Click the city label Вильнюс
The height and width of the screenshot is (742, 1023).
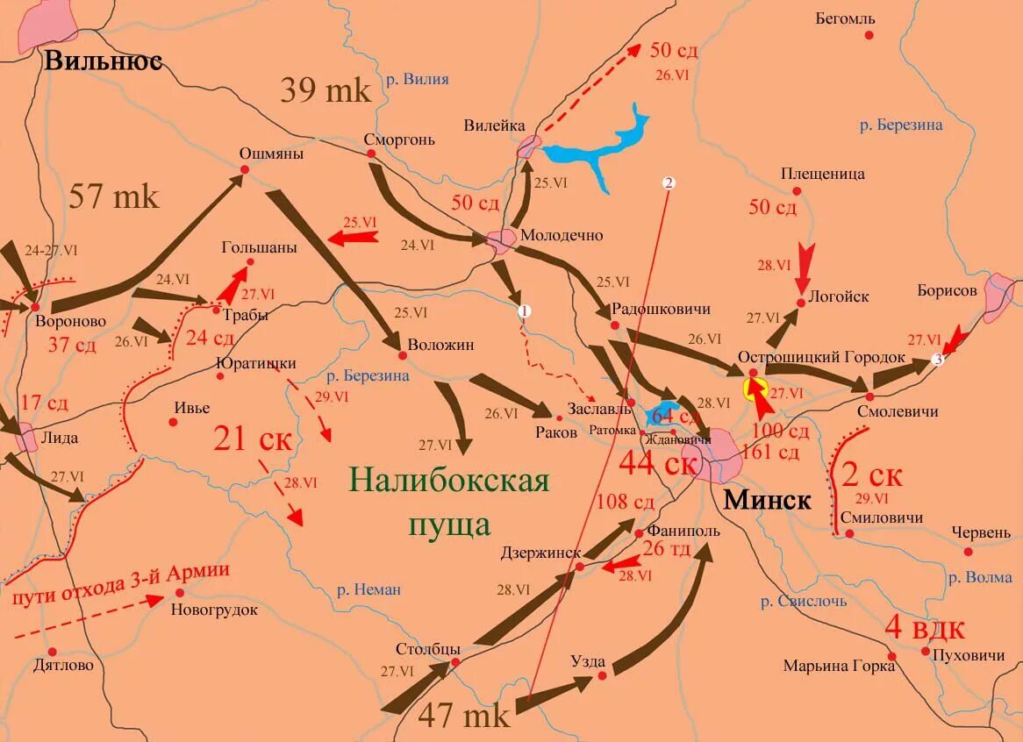pos(104,61)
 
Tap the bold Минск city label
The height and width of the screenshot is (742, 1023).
pos(767,500)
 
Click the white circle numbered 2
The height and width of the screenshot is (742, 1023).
pos(669,183)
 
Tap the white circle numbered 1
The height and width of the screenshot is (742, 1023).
pos(524,311)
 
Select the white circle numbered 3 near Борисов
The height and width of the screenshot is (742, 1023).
pos(937,360)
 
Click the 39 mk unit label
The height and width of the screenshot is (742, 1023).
pos(325,90)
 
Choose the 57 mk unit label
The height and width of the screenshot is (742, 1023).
pos(114,196)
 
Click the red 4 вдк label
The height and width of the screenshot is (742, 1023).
pos(925,629)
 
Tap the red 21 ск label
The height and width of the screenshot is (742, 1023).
pos(253,438)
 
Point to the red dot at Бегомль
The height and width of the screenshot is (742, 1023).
pos(869,35)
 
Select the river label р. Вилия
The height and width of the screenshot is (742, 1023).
pos(417,79)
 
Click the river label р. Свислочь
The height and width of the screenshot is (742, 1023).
pos(804,601)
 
